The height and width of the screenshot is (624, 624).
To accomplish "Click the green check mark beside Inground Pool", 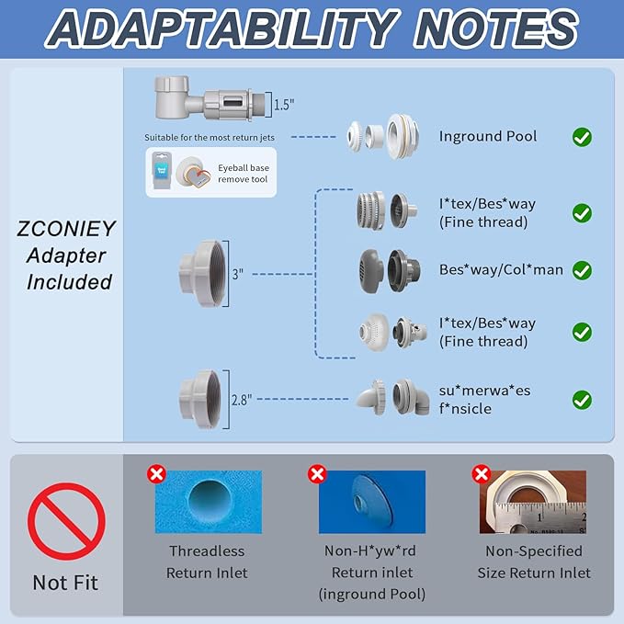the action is [582, 137].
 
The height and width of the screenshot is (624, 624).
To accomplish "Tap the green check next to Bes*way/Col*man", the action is [582, 270].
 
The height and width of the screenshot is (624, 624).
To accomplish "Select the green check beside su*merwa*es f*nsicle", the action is [582, 400].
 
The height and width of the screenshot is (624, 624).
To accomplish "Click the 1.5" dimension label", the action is [284, 105].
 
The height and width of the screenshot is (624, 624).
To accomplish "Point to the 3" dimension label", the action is [238, 274].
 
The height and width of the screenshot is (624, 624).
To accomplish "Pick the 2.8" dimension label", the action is [242, 400].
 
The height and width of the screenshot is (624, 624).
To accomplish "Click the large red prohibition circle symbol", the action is [66, 521].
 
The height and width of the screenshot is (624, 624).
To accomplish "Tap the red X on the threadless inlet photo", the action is [156, 474].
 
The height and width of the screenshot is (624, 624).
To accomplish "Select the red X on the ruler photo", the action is [482, 474].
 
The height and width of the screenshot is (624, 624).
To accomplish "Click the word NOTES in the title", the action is [495, 29].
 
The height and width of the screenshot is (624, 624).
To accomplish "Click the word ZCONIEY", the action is [66, 229].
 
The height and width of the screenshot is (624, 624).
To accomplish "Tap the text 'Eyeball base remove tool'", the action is [244, 174].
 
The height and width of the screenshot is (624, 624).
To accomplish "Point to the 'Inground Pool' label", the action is [488, 137].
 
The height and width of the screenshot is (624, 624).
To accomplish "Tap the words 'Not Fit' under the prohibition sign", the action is [65, 583].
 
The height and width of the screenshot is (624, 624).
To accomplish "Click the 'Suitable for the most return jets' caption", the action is [210, 138].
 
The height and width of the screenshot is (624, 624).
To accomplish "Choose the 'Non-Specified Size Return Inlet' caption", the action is [534, 562].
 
